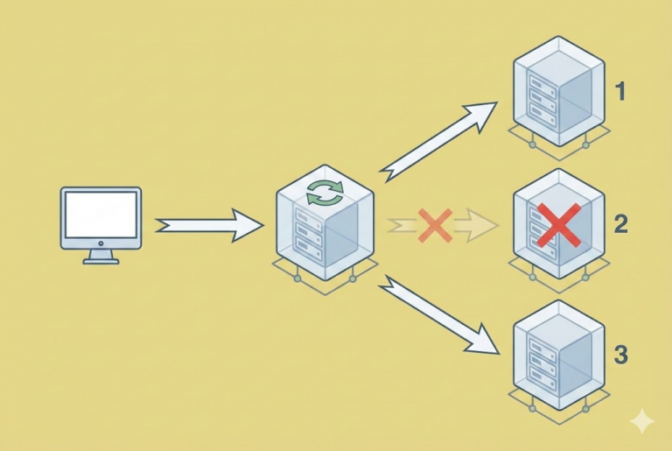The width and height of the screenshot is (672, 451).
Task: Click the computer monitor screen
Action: [101, 215]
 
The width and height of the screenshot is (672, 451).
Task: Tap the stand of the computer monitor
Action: [101, 256]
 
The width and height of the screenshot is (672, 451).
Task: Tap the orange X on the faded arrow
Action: [434, 226]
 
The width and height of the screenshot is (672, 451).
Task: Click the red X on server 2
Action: [557, 224]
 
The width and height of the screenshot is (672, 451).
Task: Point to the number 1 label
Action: [620, 91]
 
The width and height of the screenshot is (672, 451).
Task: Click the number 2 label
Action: [620, 224]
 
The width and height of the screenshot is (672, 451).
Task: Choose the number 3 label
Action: [620, 356]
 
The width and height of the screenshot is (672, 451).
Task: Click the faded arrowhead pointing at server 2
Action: [478, 226]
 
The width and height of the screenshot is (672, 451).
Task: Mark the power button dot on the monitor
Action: [101, 243]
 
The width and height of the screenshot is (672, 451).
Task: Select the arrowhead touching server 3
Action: [484, 342]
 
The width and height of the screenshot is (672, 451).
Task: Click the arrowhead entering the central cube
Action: [248, 226]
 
